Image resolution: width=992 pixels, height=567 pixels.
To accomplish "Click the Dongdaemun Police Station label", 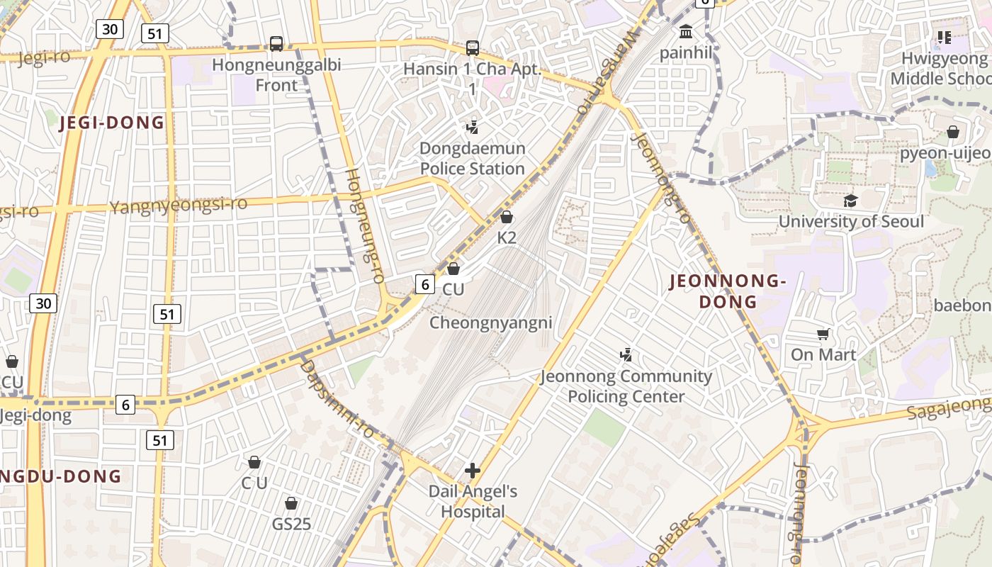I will click(x=473, y=158).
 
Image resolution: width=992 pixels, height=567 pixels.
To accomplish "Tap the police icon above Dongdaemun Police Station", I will click(x=473, y=128).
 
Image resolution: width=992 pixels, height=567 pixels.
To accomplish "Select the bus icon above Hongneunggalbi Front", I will click(x=276, y=44).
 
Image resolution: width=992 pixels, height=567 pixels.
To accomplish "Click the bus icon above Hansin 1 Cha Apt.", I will click(x=473, y=48).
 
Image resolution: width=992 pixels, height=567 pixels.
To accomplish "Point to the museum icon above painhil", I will click(x=686, y=32).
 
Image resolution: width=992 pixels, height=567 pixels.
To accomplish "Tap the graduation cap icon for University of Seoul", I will click(x=850, y=201).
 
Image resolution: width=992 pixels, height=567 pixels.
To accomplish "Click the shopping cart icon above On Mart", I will click(x=823, y=334).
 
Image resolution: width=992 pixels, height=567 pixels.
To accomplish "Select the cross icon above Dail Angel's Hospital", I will click(x=473, y=470).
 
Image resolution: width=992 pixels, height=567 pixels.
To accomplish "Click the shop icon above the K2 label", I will click(x=507, y=217).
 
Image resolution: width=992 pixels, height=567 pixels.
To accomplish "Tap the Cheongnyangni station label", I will click(x=491, y=323).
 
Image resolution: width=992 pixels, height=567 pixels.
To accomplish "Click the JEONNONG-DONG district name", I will click(x=728, y=291).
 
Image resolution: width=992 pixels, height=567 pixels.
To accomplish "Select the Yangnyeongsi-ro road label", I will click(x=179, y=206).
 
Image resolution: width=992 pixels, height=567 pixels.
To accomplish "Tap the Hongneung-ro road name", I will click(x=364, y=225).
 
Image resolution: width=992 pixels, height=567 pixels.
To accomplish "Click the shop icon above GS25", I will click(x=291, y=503).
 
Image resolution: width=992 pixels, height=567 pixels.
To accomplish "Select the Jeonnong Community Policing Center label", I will click(x=626, y=386).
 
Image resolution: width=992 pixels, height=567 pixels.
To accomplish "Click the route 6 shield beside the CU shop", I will click(x=424, y=284).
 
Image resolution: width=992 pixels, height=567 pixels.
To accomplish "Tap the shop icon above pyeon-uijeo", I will click(x=953, y=133).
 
